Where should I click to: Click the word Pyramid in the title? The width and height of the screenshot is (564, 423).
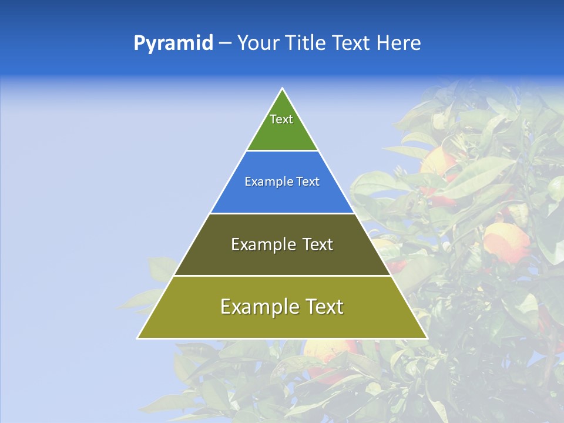tap(173, 43)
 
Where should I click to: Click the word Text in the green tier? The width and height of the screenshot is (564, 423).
tap(281, 119)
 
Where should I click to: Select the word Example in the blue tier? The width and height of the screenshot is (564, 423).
tap(266, 182)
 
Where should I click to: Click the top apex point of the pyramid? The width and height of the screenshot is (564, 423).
tap(282, 89)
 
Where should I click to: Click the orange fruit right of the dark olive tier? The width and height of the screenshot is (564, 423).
tap(506, 241)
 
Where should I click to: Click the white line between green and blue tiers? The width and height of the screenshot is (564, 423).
tap(282, 151)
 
